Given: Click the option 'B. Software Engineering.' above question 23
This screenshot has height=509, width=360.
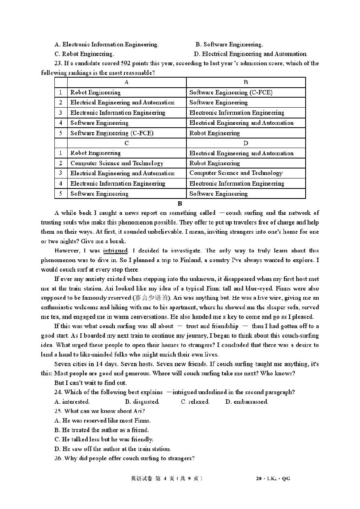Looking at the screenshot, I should [x=229, y=44].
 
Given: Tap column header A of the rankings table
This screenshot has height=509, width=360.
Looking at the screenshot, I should [x=126, y=82].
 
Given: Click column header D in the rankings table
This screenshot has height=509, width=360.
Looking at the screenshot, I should [x=246, y=143].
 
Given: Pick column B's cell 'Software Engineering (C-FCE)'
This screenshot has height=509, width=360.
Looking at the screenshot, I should [x=231, y=92].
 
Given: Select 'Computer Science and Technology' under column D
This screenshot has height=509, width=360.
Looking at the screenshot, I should [x=236, y=173].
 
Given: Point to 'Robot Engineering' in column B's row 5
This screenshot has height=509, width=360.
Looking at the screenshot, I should [x=214, y=133].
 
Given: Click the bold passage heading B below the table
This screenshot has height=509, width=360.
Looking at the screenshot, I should [x=180, y=204].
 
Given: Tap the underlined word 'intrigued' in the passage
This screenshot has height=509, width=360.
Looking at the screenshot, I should [x=116, y=251].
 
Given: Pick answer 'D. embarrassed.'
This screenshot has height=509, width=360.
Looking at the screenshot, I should [x=247, y=402].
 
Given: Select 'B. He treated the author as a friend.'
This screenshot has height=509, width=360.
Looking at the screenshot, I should [x=102, y=430].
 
